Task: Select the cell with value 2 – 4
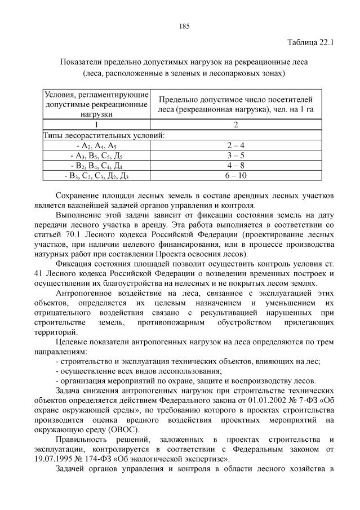236,145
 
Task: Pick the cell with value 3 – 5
236,156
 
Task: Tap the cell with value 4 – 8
236,166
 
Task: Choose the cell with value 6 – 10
236,176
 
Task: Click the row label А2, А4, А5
96,145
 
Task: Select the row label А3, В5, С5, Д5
96,156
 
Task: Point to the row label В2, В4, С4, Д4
96,166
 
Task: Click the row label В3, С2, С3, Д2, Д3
96,176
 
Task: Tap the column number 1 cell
96,125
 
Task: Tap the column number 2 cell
236,125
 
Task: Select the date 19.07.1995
46,459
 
